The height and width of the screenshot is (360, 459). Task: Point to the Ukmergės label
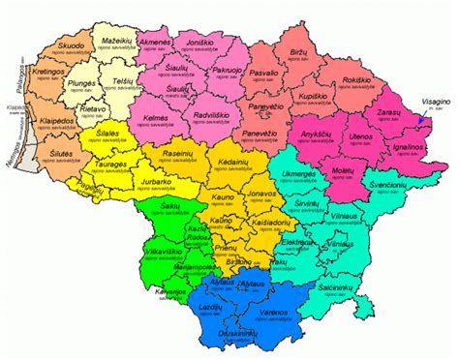click(297, 174)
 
